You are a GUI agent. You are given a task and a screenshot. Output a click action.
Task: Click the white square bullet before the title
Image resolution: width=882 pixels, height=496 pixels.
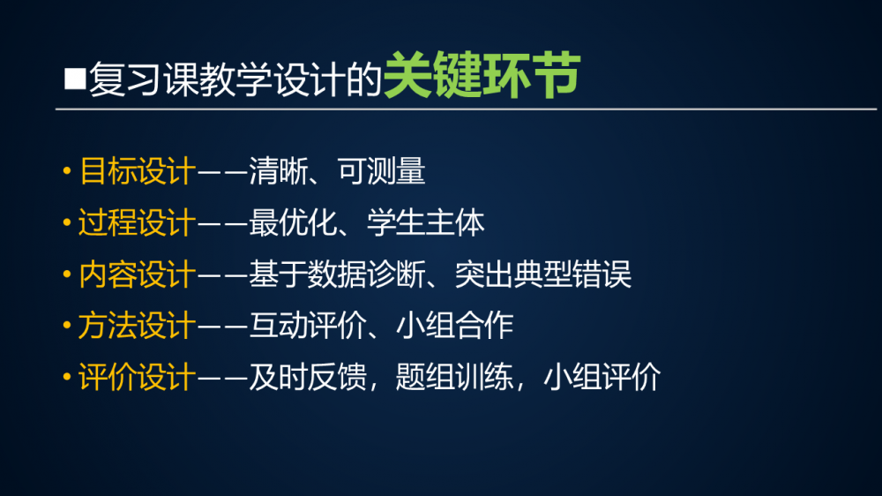[75, 79]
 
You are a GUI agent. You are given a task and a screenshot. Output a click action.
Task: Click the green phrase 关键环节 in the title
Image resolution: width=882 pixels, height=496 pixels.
[482, 75]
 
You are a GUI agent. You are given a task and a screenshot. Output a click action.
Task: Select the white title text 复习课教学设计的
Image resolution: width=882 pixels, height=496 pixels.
[235, 79]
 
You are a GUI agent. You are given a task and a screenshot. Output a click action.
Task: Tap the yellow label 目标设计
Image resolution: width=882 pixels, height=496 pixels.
[138, 170]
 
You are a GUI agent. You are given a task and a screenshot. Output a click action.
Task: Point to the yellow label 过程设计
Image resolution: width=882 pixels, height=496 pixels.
[138, 222]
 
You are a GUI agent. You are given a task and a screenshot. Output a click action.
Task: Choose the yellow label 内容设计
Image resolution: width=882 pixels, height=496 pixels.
[138, 274]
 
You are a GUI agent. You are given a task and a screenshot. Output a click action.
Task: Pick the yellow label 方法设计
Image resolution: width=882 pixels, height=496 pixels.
[138, 326]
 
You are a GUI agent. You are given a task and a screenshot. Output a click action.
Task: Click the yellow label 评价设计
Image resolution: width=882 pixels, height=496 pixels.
[138, 377]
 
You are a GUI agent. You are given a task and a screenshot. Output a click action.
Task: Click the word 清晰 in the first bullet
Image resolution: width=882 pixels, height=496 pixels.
[277, 170]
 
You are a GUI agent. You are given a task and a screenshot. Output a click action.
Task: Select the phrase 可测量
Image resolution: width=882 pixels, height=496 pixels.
[381, 170]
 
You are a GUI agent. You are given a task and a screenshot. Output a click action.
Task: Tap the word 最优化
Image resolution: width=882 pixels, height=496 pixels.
[292, 222]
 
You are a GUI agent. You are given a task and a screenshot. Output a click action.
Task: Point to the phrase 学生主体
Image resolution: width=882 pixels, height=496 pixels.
[425, 222]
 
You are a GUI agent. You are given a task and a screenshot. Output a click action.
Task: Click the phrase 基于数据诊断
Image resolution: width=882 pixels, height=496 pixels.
[336, 274]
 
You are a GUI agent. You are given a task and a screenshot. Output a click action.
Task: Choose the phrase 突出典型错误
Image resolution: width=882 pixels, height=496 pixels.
[542, 274]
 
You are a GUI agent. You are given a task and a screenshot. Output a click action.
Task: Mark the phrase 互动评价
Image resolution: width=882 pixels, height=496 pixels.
[307, 326]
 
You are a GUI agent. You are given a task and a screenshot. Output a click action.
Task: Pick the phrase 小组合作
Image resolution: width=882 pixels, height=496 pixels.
[454, 326]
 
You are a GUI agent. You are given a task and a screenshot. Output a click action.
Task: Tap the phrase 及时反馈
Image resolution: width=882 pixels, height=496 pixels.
[307, 377]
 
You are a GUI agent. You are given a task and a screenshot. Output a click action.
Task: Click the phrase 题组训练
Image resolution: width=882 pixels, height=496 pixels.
[454, 377]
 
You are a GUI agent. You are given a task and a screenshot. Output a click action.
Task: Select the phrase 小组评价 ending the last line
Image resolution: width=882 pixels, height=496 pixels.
[602, 377]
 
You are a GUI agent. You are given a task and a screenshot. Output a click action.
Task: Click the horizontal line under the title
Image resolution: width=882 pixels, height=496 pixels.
[466, 109]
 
